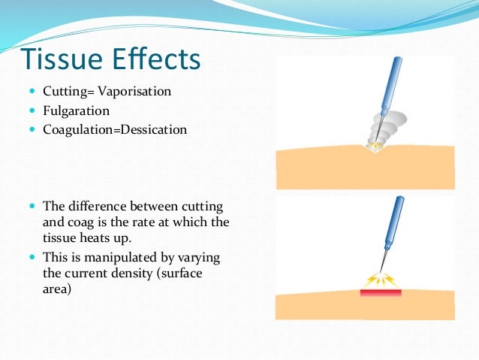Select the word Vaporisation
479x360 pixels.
[136, 92]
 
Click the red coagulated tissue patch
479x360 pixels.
[381, 292]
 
